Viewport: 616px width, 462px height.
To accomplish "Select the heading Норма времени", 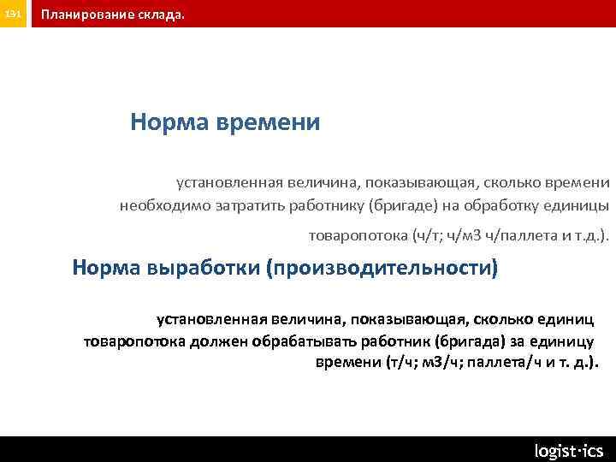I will [225, 122].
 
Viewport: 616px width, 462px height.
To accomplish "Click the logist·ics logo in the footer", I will [568, 450].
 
